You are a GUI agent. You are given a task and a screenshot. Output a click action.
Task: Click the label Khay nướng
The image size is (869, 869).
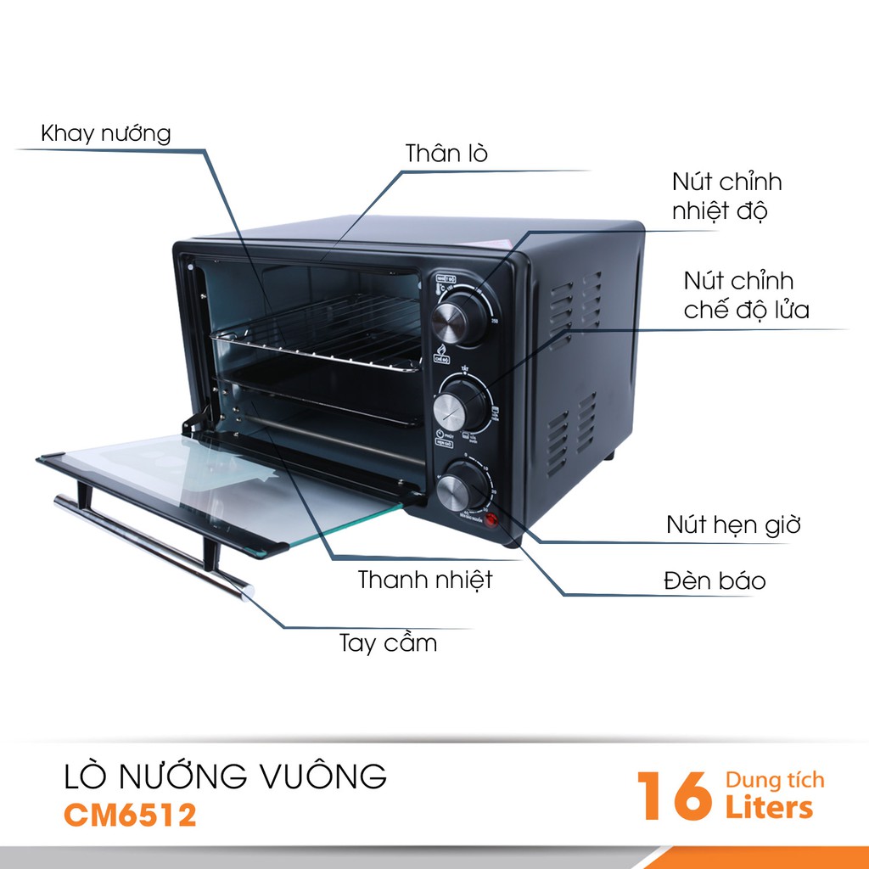click(x=106, y=133)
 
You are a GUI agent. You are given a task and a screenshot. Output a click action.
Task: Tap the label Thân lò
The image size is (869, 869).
click(x=446, y=154)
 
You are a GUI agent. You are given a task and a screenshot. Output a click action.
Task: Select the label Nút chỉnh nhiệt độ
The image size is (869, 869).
click(x=726, y=196)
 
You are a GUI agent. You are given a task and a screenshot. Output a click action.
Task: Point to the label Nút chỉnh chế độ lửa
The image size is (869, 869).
click(x=746, y=294)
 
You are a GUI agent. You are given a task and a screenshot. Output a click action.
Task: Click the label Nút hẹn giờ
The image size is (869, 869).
click(x=733, y=524)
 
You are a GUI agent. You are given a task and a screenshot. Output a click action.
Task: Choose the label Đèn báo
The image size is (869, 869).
click(x=715, y=581)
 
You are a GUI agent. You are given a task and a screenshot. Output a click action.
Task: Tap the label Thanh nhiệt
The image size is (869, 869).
click(x=425, y=580)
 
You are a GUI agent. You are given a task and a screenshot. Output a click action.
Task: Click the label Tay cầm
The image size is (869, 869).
click(x=388, y=642)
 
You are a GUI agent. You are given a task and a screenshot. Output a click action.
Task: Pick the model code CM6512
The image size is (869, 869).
click(x=130, y=815)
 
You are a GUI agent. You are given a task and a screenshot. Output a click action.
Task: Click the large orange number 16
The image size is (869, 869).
click(x=675, y=796)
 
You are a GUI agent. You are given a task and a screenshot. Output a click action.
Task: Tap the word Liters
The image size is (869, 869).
click(x=769, y=808)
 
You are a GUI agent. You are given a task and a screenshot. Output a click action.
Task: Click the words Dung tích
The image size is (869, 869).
click(x=775, y=780)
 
